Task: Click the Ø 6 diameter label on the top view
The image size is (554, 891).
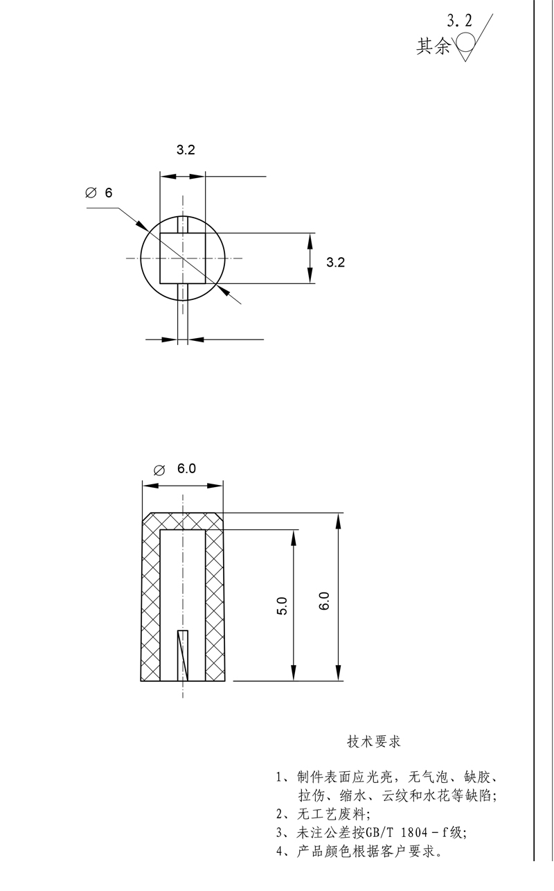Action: pyautogui.click(x=98, y=193)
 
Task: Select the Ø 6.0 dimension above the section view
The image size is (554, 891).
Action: pyautogui.click(x=177, y=469)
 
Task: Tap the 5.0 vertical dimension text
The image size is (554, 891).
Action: pyautogui.click(x=280, y=605)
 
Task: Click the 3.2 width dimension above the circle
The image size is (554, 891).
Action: pyautogui.click(x=185, y=150)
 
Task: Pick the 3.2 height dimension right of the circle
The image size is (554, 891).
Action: pyautogui.click(x=335, y=261)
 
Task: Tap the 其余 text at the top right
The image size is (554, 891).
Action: pyautogui.click(x=433, y=46)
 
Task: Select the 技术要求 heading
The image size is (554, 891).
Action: pyautogui.click(x=374, y=741)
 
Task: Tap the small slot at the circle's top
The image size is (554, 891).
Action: pyautogui.click(x=183, y=225)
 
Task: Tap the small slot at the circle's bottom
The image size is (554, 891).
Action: pyautogui.click(x=183, y=291)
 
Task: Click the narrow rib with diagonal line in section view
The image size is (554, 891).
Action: pyautogui.click(x=183, y=655)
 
